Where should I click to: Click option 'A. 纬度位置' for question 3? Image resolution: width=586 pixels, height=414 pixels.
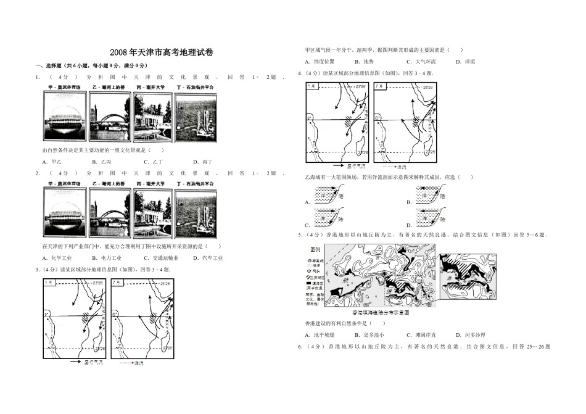pyautogui.click(x=320, y=62)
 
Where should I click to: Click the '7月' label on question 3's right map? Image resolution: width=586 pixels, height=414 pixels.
pyautogui.click(x=118, y=283)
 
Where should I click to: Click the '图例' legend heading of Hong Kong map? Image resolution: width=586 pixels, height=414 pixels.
pyautogui.click(x=313, y=250)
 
